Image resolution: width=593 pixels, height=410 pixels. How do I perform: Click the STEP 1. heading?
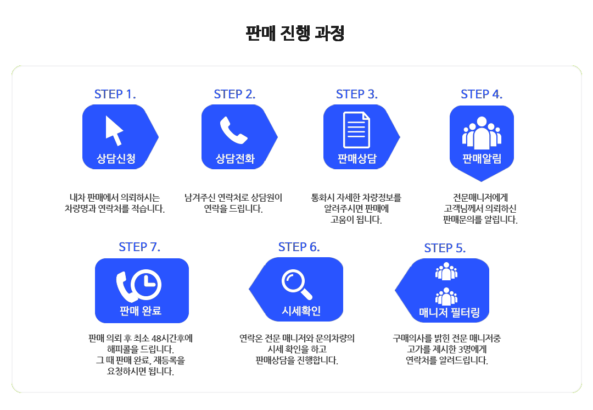pos(115,94)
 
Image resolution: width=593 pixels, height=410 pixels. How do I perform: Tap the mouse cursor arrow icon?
pos(114,130)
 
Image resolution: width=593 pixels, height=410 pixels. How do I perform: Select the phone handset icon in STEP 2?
pos(234,130)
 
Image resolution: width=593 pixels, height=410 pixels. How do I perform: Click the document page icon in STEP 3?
pos(356,130)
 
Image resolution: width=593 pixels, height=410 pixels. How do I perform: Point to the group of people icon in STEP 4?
pos(482,132)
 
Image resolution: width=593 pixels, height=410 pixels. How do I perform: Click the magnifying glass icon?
pos(296,284)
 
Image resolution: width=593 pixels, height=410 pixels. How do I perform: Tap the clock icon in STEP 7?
pos(146,284)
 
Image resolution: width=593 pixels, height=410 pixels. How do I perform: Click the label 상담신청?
pos(116,159)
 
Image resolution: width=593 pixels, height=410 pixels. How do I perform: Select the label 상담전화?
pos(235,159)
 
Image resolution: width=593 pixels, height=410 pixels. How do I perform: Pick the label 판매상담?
pos(357,159)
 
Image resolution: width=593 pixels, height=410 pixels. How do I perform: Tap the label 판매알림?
pos(482,159)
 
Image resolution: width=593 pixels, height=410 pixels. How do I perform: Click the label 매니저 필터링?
pos(449,313)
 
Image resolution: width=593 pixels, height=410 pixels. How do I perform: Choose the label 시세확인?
pos(301,312)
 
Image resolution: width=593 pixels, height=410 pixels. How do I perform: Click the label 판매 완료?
pos(141,312)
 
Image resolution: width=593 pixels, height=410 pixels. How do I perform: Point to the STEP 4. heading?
pos(482,94)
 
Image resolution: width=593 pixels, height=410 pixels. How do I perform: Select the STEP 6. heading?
pos(299,247)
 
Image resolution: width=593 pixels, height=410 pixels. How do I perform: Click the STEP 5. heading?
pos(445,248)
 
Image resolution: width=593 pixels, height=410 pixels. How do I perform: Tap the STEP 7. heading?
pos(139,247)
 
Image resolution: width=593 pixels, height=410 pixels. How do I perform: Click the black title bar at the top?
pos(294,34)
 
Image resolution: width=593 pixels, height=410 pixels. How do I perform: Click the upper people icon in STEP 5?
pos(446,271)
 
